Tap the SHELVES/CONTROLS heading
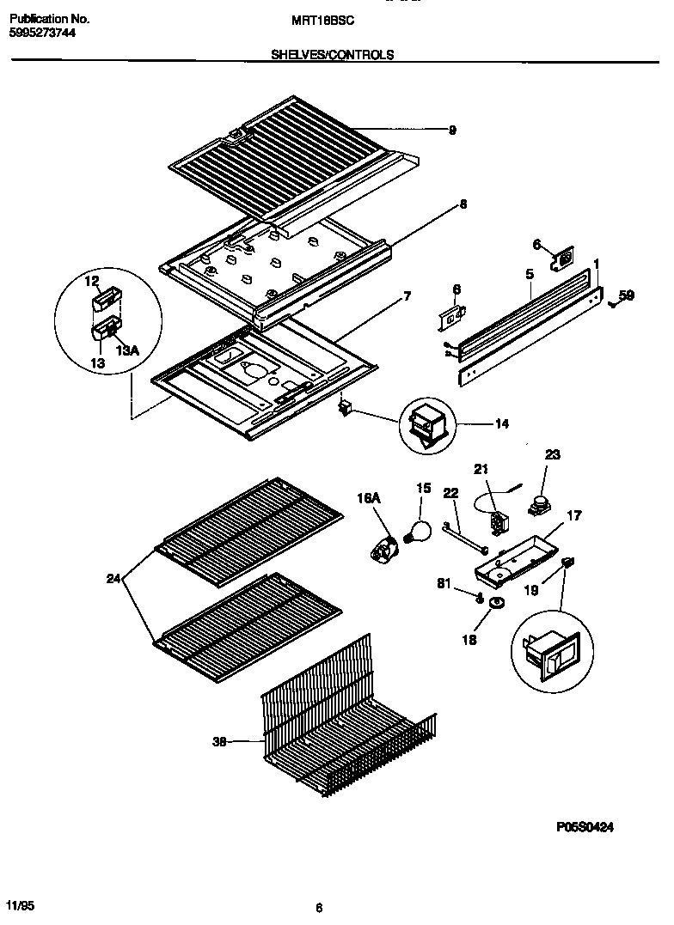click(x=333, y=54)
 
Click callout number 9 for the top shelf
click(x=452, y=131)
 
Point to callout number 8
click(x=463, y=204)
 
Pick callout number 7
click(x=407, y=296)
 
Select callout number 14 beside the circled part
click(x=502, y=423)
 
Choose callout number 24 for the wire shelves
click(x=113, y=579)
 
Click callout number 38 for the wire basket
click(x=220, y=743)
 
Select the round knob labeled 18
click(x=495, y=606)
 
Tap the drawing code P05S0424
click(x=584, y=827)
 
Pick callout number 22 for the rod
click(x=450, y=493)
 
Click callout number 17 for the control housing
click(x=573, y=516)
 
